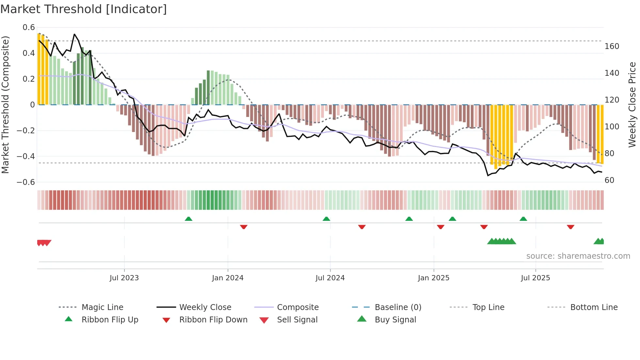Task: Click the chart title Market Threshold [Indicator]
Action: (84, 9)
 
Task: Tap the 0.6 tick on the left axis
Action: (29, 27)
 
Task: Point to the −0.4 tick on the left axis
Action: (26, 156)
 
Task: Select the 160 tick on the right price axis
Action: (612, 46)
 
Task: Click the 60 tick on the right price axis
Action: (609, 180)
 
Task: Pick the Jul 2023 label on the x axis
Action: (124, 278)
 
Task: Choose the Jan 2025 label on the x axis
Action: (434, 278)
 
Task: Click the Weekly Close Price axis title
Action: (632, 105)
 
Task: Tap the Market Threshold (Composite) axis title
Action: (5, 105)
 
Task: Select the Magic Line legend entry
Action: (102, 307)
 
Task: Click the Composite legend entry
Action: (297, 307)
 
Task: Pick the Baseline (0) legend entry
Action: (398, 307)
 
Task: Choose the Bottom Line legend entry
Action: (594, 307)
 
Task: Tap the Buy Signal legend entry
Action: (395, 320)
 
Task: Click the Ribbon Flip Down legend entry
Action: (213, 320)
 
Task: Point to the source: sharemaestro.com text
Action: (578, 256)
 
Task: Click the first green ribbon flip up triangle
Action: (188, 219)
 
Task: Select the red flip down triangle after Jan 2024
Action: (244, 227)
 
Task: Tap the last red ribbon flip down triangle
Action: (570, 227)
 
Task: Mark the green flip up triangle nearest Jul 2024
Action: (326, 219)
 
